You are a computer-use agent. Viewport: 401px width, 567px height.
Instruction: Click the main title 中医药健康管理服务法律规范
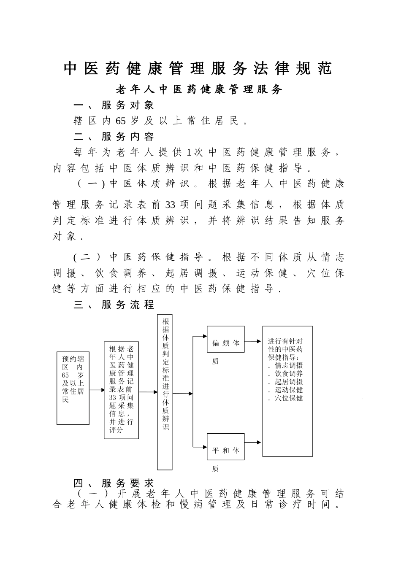[x=198, y=68]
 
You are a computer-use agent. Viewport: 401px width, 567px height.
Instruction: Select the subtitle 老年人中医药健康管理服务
[x=199, y=89]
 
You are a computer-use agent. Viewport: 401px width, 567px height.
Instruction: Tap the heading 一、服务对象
[x=114, y=105]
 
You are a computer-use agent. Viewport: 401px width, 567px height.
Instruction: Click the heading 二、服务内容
[x=114, y=136]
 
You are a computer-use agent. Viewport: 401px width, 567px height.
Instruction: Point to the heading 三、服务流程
[x=114, y=305]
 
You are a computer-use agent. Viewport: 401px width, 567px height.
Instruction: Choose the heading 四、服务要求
[x=114, y=483]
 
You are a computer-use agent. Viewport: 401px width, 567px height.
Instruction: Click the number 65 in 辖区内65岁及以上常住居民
[x=120, y=121]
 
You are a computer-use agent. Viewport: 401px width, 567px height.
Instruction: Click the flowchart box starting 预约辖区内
[x=73, y=388]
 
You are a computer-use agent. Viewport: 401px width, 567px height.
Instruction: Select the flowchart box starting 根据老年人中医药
[x=121, y=390]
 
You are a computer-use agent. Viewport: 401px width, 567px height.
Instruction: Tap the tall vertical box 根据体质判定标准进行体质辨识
[x=165, y=391]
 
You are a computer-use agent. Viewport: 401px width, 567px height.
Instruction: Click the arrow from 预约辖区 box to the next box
[x=97, y=390]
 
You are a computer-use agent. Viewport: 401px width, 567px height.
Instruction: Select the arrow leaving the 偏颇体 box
[x=253, y=341]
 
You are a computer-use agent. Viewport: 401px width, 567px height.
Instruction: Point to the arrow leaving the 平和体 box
[x=253, y=442]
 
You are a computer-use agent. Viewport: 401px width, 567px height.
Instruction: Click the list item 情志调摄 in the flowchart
[x=289, y=365]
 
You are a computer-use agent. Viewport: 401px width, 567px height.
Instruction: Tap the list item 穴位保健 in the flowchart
[x=289, y=398]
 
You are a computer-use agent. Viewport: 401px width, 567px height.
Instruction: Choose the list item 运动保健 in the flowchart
[x=289, y=390]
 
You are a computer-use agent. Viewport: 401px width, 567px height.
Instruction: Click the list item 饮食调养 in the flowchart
[x=289, y=373]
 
